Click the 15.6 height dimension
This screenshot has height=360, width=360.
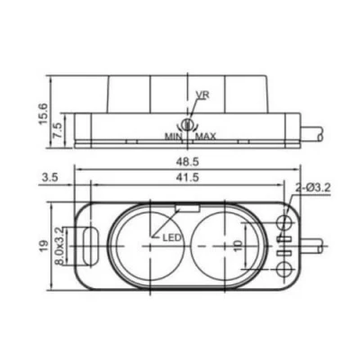click(x=42, y=113)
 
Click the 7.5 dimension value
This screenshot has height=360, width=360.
click(x=57, y=130)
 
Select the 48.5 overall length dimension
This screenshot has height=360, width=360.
click(x=187, y=162)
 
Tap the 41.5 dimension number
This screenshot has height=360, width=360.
click(x=187, y=178)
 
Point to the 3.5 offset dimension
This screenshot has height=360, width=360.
click(x=49, y=178)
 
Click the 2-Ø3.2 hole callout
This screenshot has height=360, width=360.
click(x=313, y=188)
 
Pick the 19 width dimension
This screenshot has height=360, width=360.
click(x=44, y=246)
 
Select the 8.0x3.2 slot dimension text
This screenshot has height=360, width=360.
click(x=59, y=246)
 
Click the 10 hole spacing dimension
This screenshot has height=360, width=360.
click(x=238, y=246)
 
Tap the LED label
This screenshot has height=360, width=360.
click(x=172, y=238)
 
